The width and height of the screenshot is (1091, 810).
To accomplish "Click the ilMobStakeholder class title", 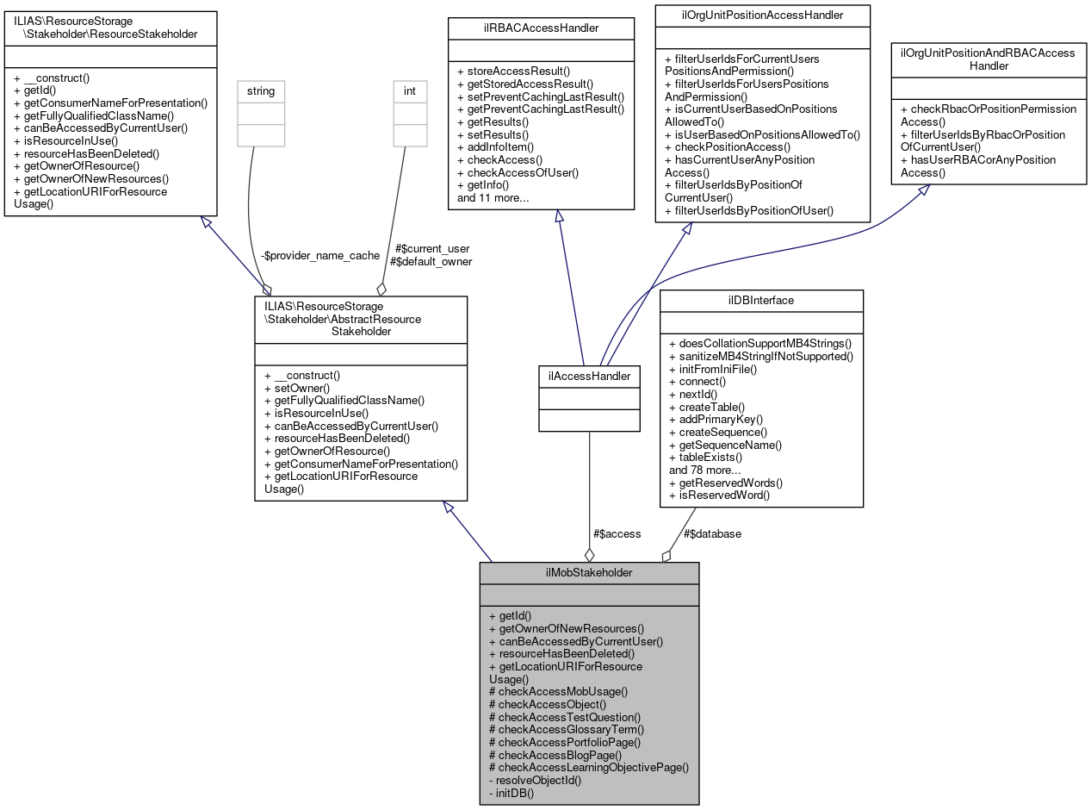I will tap(589, 573).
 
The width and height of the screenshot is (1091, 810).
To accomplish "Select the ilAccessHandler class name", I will tap(589, 376).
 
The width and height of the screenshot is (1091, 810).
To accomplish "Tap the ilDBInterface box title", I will tap(761, 300).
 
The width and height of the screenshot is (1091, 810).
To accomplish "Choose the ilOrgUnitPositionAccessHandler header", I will tap(762, 15).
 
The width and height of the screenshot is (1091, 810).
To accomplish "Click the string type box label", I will tap(261, 90).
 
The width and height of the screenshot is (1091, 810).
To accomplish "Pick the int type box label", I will tap(410, 90).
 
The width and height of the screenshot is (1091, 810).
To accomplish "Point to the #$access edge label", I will tap(617, 533).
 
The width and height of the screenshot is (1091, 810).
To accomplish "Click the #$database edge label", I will tap(712, 533).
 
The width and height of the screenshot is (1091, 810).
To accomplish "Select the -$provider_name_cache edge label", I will tap(320, 255).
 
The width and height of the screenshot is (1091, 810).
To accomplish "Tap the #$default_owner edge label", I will tap(431, 261).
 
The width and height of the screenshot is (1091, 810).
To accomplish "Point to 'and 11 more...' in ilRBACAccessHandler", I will tap(493, 197).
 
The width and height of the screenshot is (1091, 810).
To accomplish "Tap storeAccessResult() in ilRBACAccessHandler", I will tap(513, 71).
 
